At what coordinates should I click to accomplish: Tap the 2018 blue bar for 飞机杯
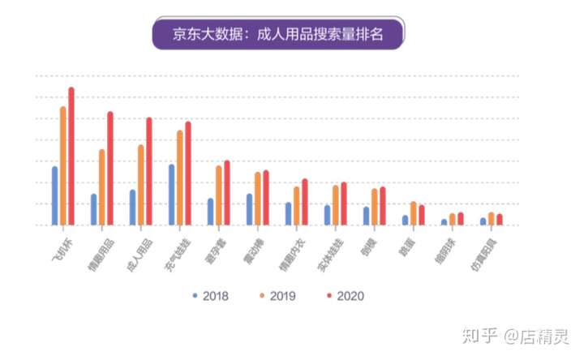point(55,195)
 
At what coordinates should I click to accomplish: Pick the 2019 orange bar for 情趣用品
point(102,187)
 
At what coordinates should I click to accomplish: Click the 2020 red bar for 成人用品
point(149,171)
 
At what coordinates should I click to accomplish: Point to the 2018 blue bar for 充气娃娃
point(172,195)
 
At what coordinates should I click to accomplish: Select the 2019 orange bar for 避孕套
point(219,195)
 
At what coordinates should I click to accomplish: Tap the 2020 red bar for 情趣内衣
point(305,202)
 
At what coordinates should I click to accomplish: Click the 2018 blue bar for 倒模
point(367,216)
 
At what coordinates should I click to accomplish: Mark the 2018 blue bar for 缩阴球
point(444,222)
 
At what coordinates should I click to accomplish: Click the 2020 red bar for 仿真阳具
point(500,220)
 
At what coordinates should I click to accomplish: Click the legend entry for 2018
point(211,295)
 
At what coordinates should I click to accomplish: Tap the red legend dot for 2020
point(327,295)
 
